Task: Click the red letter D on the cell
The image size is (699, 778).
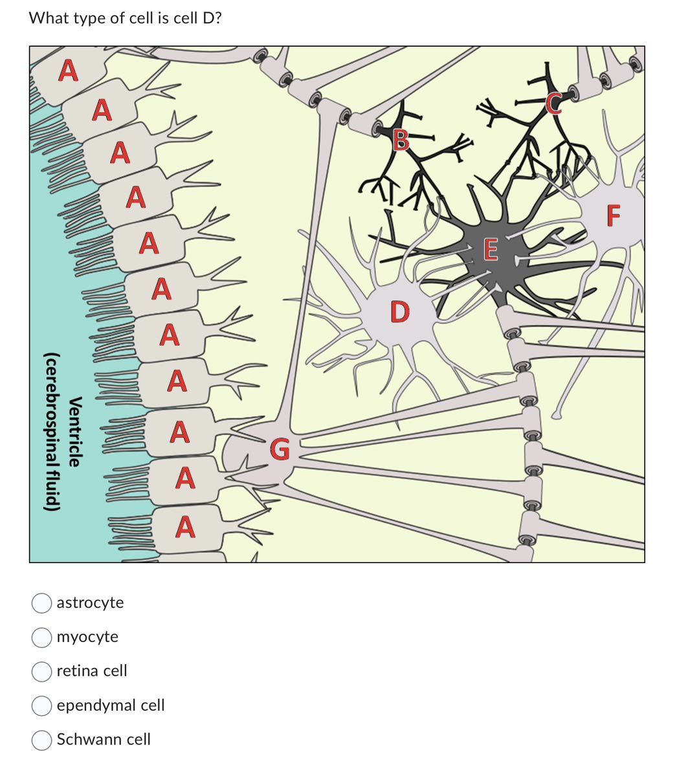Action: pos(400,311)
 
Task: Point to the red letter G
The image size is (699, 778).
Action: pos(280,448)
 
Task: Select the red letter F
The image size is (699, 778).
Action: pos(614,215)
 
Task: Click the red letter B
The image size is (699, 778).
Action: pos(401,139)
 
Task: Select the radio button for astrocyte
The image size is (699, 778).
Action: pos(42,603)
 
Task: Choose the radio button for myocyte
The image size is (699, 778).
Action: pos(42,637)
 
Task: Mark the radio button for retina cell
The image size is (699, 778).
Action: pos(42,671)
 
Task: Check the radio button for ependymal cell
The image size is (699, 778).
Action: pos(42,706)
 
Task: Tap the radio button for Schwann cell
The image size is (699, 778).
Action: pos(42,740)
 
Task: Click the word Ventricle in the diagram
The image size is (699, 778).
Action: pos(75,432)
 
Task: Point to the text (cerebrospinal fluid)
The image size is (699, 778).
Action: pos(52,432)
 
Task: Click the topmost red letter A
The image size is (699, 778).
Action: pos(69,71)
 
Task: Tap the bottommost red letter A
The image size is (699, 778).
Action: pos(185,527)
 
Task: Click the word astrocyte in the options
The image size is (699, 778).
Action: pos(90,603)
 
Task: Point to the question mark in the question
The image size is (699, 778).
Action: pos(217,18)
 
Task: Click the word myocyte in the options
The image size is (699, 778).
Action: pos(87,637)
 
